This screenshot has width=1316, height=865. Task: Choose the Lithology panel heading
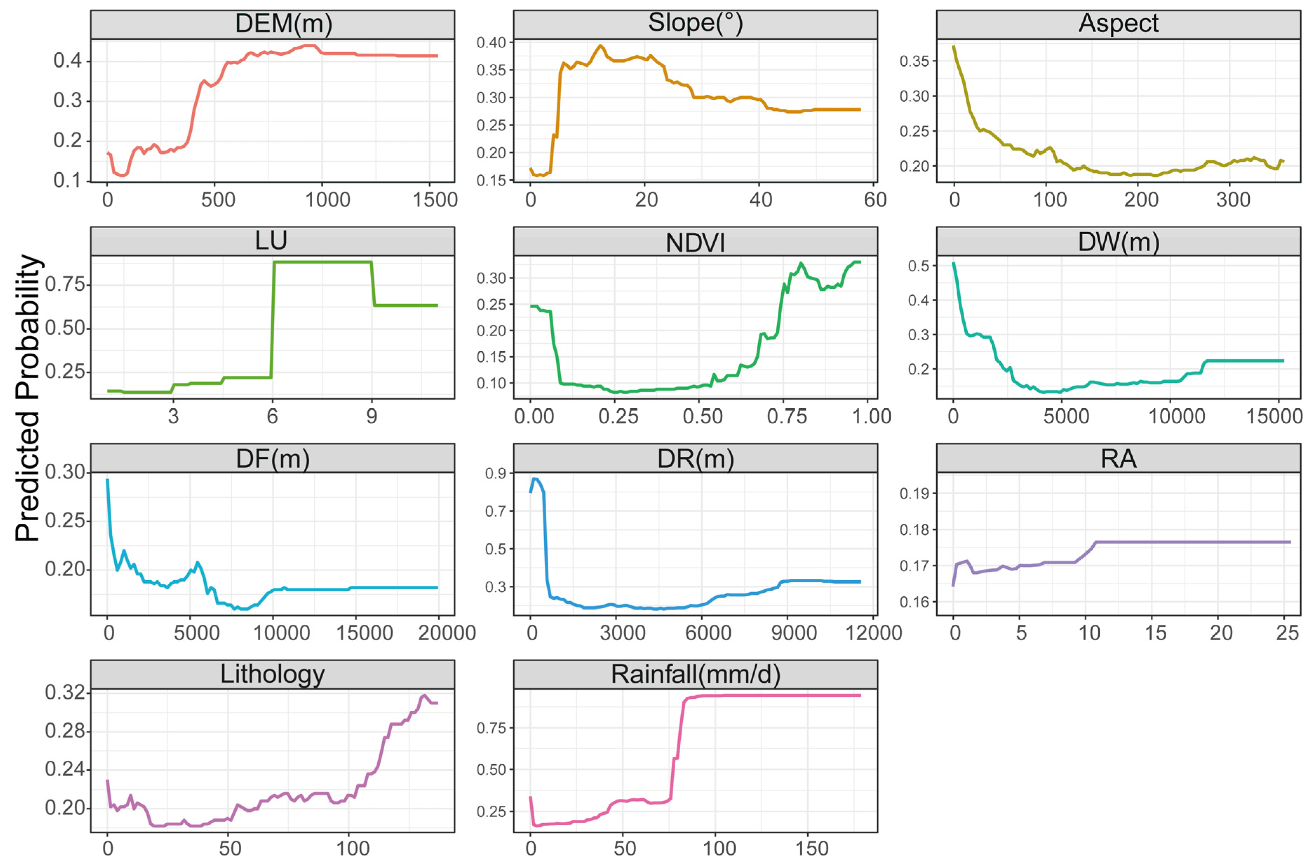[x=272, y=674]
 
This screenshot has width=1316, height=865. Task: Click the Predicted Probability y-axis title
[x=28, y=398]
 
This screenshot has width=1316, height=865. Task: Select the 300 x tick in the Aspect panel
[x=1233, y=200]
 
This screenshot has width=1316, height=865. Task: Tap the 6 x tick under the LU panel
[x=272, y=416]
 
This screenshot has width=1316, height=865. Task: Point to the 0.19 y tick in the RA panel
[x=914, y=493]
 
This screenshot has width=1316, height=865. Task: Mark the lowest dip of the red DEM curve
[x=123, y=175]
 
